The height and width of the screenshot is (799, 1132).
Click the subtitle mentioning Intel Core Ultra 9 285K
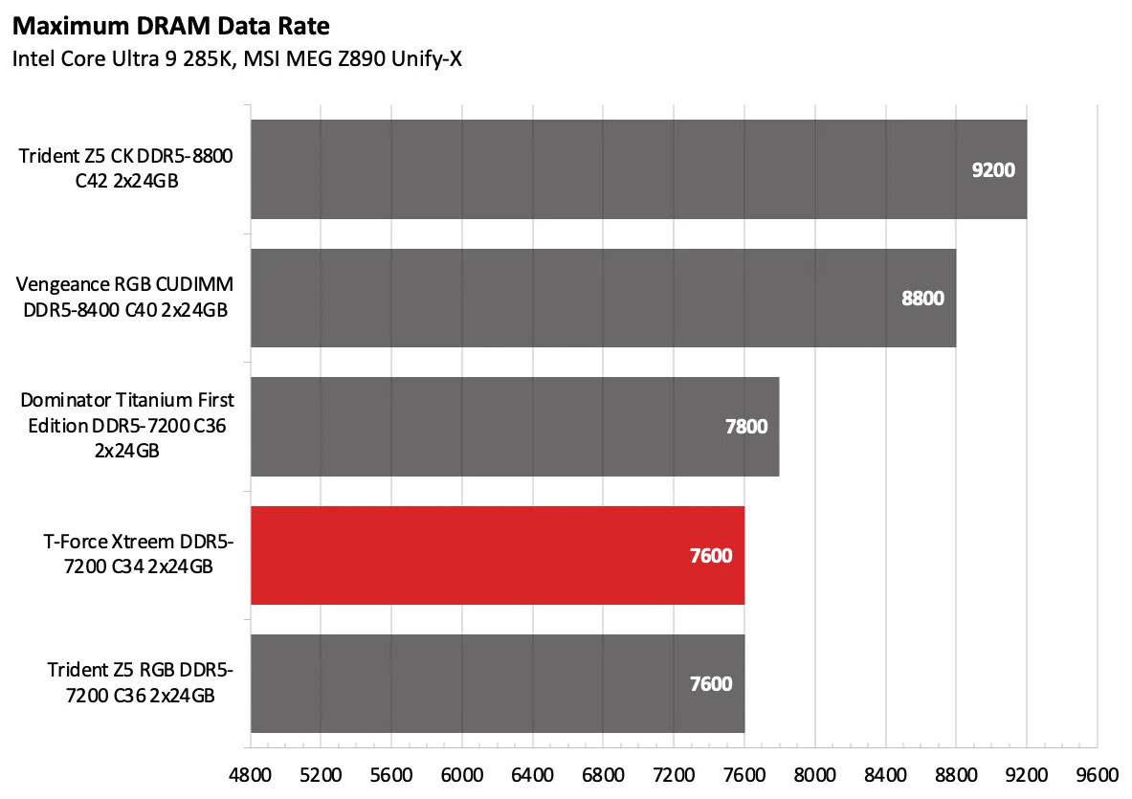click(237, 59)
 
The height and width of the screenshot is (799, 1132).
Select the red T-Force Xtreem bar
click(498, 555)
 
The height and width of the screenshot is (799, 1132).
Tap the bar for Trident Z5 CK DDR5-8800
click(638, 169)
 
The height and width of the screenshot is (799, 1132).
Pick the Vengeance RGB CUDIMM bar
click(603, 298)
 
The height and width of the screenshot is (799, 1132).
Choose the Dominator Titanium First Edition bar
click(515, 426)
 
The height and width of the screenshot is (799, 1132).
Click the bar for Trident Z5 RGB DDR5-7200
click(498, 683)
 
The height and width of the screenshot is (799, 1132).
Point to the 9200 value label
click(992, 170)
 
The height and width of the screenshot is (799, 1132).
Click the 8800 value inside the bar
click(922, 298)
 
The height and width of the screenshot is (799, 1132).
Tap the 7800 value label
click(745, 427)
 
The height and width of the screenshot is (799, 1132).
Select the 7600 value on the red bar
click(711, 555)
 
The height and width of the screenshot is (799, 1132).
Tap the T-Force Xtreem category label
click(139, 555)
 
